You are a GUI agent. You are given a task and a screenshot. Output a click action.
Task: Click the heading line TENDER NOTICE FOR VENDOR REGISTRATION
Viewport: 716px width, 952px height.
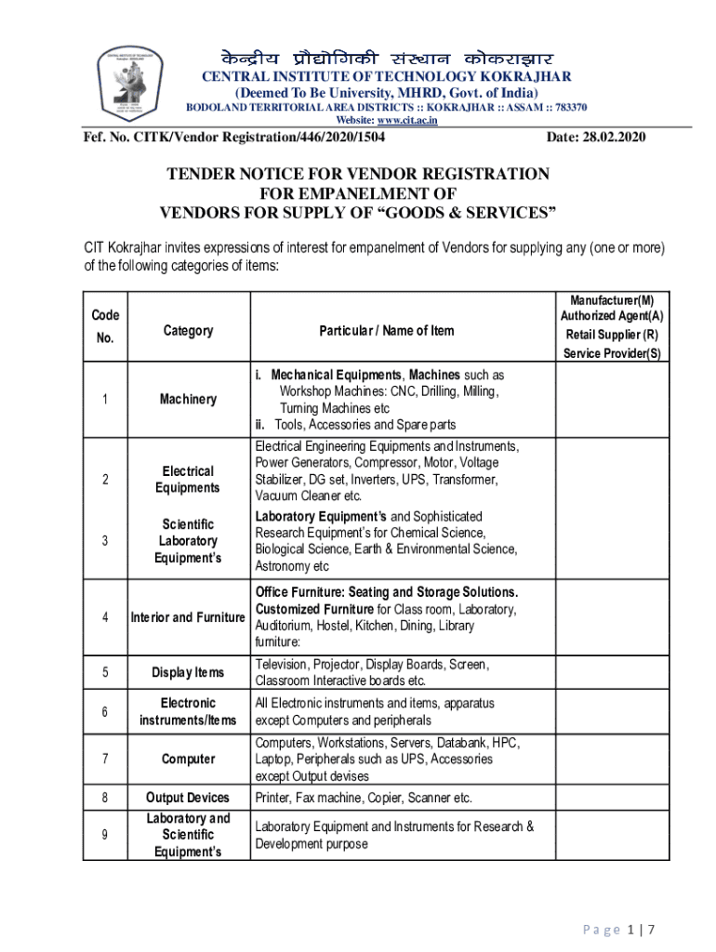(x=357, y=175)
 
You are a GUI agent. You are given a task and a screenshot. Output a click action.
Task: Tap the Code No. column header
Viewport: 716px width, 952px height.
(x=105, y=326)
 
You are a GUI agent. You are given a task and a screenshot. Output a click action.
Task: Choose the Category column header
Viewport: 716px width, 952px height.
(x=188, y=330)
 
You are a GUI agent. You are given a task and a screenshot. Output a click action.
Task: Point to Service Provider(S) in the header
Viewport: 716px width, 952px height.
(x=612, y=353)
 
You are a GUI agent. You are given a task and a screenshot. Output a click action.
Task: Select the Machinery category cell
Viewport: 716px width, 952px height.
(x=188, y=399)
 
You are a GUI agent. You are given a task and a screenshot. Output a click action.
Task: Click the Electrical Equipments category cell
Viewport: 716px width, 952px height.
(x=188, y=479)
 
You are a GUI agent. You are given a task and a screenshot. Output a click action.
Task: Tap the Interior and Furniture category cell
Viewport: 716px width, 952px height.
(x=188, y=616)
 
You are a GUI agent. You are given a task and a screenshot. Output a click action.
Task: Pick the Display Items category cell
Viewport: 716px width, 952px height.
(x=188, y=672)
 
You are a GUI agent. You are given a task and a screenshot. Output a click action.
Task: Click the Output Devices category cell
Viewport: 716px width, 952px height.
(x=188, y=798)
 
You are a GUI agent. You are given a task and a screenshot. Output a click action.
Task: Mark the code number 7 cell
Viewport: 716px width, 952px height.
(x=105, y=760)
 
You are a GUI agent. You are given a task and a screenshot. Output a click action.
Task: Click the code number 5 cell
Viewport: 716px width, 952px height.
(x=105, y=672)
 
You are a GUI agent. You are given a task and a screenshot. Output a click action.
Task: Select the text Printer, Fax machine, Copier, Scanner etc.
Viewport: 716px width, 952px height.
(x=364, y=798)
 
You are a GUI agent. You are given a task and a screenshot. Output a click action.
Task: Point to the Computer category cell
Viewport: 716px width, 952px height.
(x=188, y=760)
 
